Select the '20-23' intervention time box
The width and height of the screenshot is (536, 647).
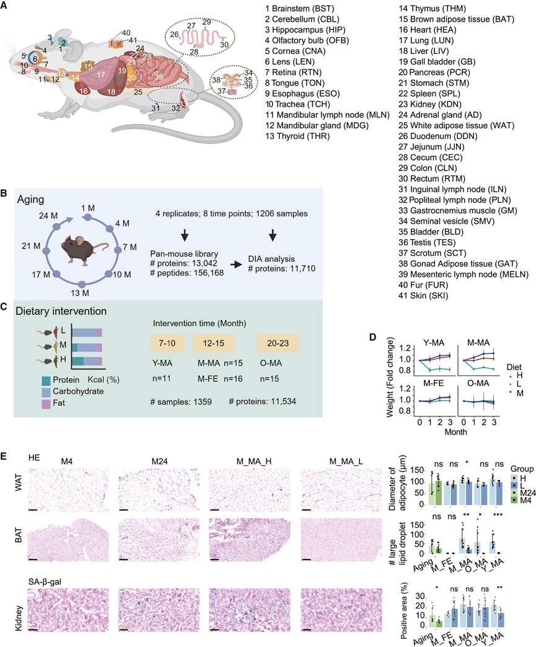(x=279, y=343)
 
